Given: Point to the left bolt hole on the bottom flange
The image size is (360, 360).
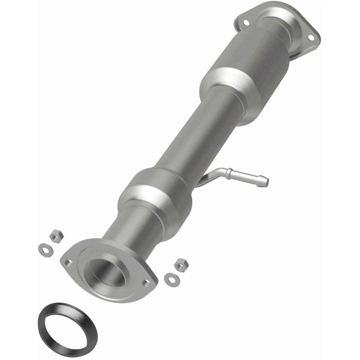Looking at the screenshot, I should tap(68, 263).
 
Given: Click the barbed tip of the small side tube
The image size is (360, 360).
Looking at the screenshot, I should tap(264, 181).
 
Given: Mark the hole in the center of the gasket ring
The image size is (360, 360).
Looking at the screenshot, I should tap(67, 324).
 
